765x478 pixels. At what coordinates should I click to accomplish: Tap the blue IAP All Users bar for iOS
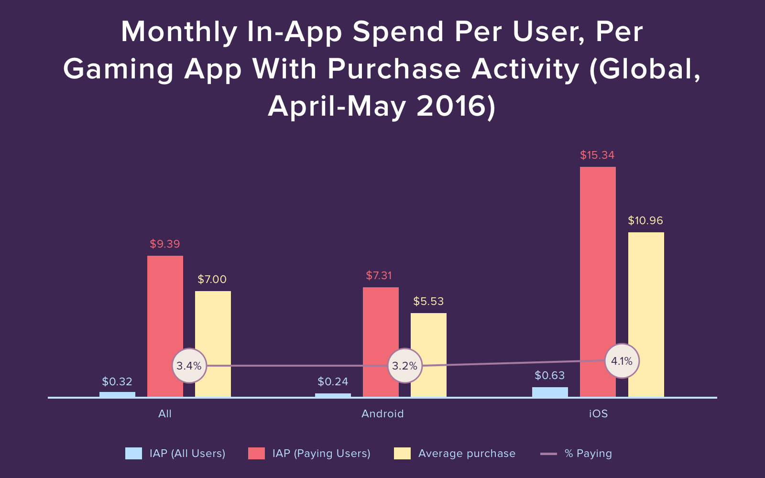(x=550, y=392)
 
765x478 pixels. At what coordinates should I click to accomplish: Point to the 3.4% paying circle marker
(x=189, y=366)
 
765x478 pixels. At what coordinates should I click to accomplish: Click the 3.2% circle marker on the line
(x=405, y=366)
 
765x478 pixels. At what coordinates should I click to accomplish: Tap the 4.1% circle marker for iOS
(x=622, y=361)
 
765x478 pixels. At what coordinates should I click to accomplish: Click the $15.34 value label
(x=597, y=155)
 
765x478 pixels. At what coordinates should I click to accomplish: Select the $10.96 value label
(x=645, y=220)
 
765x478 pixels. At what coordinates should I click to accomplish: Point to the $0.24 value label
(x=333, y=381)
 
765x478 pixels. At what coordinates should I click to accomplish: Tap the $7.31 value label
(x=379, y=275)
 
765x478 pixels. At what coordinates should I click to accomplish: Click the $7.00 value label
(x=212, y=279)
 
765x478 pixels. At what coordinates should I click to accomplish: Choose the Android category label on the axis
(x=382, y=413)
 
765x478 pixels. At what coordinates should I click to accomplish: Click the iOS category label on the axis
(x=598, y=413)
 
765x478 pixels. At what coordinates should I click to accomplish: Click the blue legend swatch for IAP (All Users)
(x=133, y=453)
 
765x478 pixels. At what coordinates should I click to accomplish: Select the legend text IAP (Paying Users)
(x=321, y=453)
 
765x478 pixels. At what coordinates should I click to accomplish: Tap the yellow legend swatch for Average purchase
(x=402, y=453)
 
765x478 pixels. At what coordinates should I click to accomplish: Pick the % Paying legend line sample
(x=548, y=453)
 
